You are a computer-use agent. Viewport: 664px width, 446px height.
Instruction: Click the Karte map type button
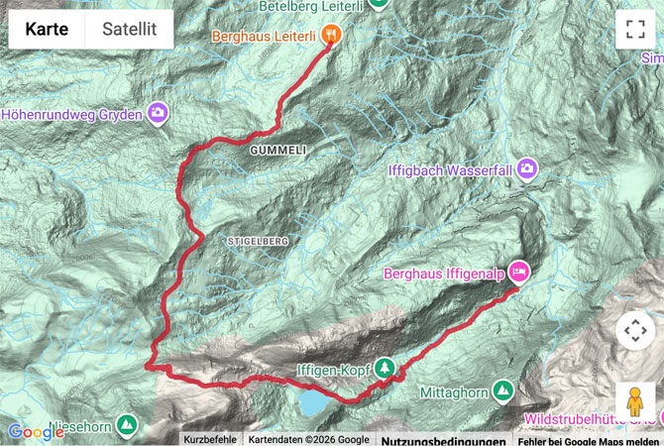pos(47,30)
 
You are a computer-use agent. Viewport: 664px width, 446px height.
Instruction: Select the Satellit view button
pos(129,30)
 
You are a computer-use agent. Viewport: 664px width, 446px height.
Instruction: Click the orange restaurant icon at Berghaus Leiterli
pos(331,35)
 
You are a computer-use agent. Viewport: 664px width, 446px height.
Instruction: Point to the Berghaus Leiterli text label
pos(264,36)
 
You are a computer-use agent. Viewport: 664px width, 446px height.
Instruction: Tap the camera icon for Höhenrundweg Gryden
pos(158,114)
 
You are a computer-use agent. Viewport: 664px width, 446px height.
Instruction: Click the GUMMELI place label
pos(278,149)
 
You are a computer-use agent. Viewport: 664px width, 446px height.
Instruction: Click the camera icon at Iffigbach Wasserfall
pos(528,169)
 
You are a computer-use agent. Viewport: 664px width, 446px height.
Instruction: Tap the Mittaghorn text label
pos(455,393)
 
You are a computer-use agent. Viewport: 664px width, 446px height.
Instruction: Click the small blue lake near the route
pos(312,403)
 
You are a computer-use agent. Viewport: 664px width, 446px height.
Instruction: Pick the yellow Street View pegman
pos(635,401)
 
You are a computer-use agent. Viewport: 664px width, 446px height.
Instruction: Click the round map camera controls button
pos(635,330)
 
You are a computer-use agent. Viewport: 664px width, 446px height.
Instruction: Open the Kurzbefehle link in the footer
pos(210,439)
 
